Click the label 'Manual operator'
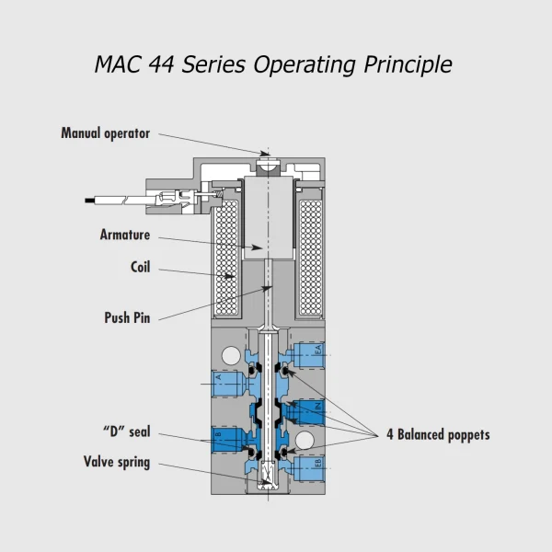(105, 133)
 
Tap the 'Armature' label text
(125, 235)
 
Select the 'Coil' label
(140, 269)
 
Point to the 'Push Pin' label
(127, 318)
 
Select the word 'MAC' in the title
(116, 64)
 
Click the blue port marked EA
(310, 351)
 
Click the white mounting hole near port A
(230, 354)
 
